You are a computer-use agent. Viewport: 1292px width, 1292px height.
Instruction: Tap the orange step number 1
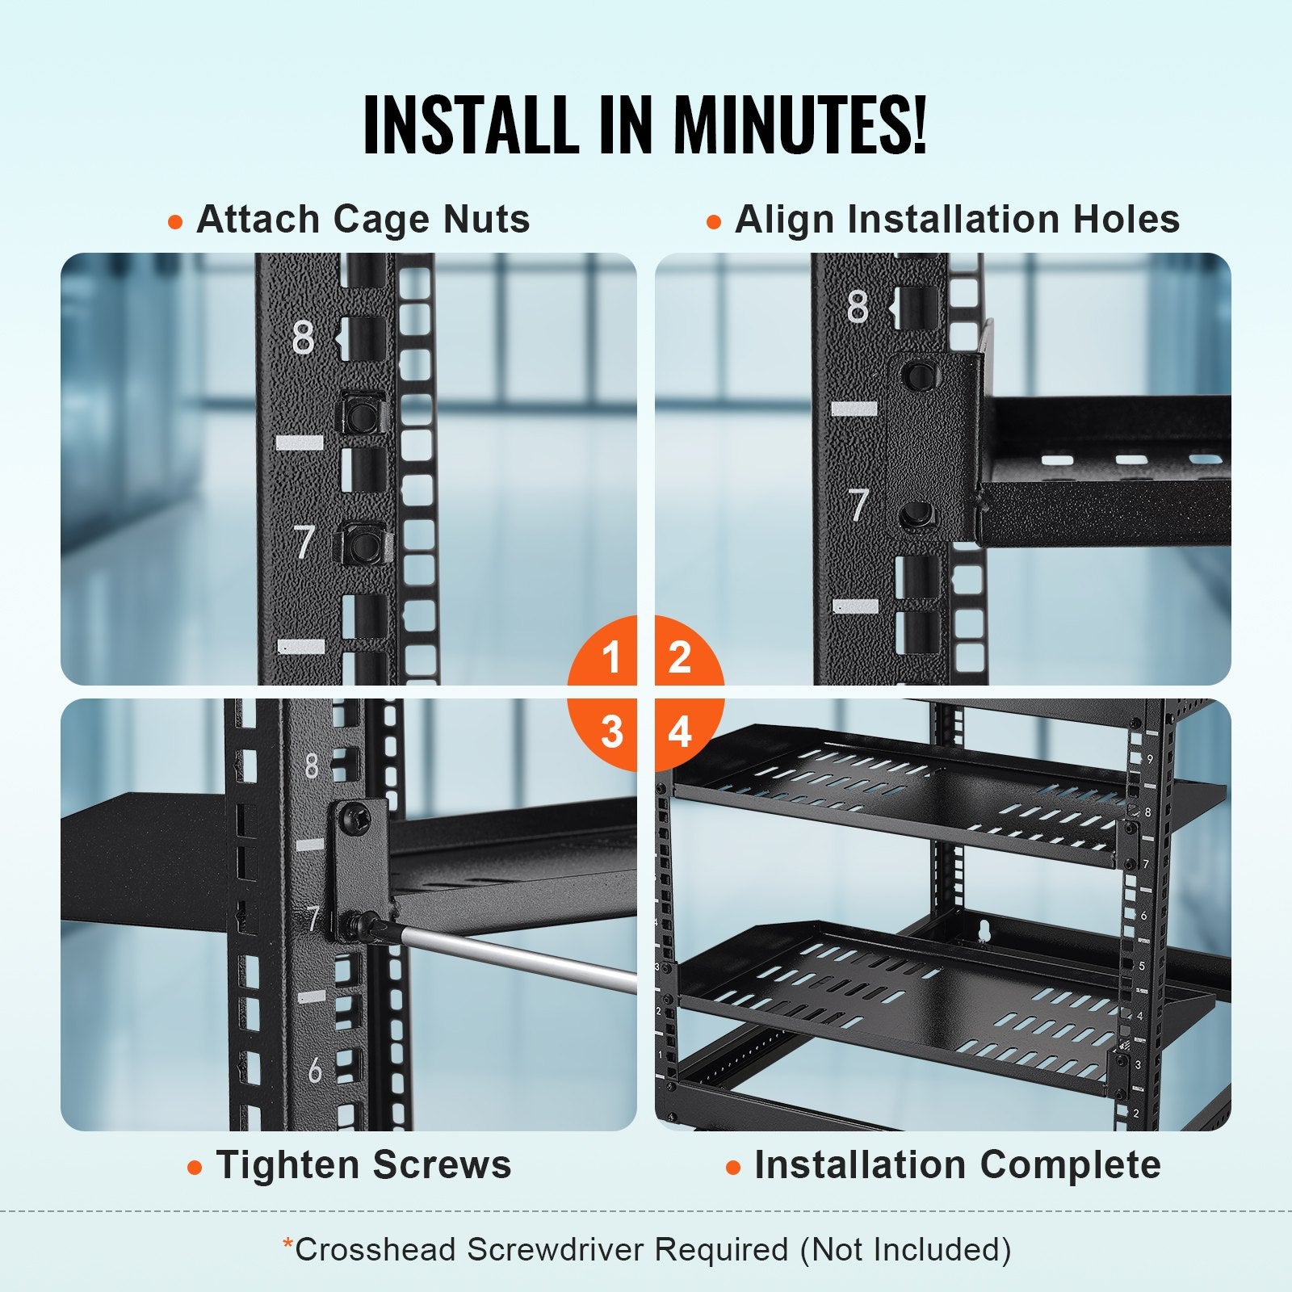[x=611, y=656]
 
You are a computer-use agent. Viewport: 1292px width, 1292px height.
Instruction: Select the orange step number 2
[x=679, y=656]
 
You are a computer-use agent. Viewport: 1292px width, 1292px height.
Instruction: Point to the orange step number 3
[x=611, y=732]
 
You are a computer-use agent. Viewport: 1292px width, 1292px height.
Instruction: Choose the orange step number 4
[x=680, y=732]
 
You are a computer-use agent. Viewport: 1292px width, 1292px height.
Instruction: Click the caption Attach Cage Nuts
[x=363, y=220]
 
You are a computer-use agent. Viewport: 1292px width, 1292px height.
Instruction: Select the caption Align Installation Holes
[x=957, y=220]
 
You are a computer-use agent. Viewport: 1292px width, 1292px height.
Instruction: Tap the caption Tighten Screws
[x=363, y=1165]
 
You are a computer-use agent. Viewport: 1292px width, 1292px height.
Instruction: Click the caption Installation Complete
[x=957, y=1165]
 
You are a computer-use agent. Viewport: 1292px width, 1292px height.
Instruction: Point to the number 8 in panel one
[x=303, y=339]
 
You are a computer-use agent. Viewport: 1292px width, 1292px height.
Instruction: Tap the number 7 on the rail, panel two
[x=858, y=505]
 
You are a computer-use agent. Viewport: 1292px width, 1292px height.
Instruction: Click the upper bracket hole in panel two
[x=916, y=375]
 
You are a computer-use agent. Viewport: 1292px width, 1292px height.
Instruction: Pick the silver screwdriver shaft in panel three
[x=517, y=957]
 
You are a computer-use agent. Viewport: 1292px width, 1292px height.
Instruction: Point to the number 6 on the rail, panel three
[x=315, y=1070]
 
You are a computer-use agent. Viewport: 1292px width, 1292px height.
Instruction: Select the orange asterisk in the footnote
[x=287, y=1245]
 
